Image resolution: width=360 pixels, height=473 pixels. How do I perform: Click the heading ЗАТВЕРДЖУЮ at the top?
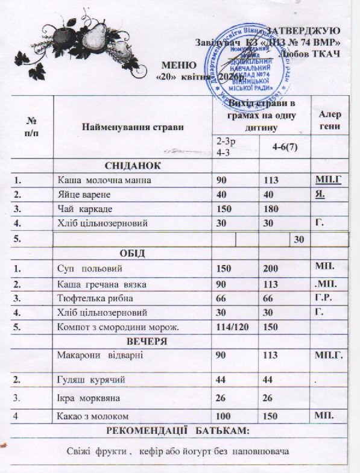pyautogui.click(x=304, y=30)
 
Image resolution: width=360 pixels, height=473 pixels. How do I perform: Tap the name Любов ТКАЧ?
pyautogui.click(x=310, y=53)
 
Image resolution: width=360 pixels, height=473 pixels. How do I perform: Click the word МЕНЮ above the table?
pyautogui.click(x=180, y=65)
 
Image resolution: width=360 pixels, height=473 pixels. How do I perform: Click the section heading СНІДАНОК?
pyautogui.click(x=132, y=165)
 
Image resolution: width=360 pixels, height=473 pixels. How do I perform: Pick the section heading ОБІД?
pyautogui.click(x=132, y=252)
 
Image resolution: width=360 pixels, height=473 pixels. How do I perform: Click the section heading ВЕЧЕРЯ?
pyautogui.click(x=132, y=340)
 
